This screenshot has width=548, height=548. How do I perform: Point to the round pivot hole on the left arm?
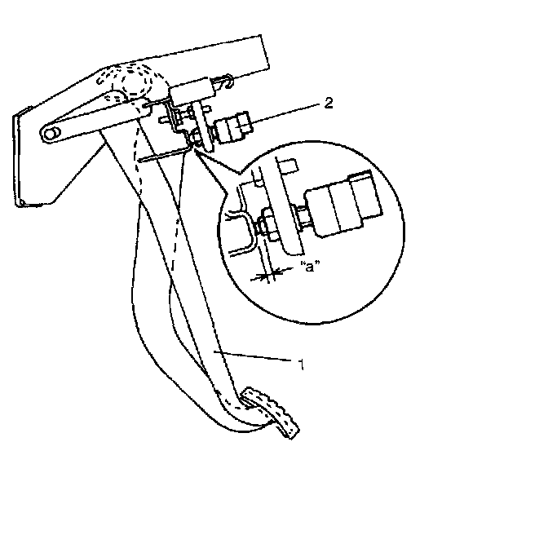[51, 132]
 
